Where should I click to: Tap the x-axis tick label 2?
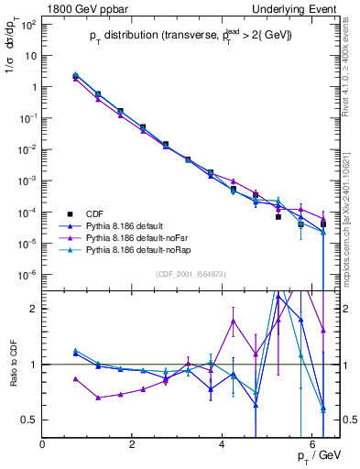[133, 444]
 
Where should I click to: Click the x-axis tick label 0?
[43, 444]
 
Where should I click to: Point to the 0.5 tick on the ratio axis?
[30, 420]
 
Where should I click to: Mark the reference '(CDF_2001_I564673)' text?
[190, 274]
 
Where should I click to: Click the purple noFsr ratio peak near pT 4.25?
[234, 321]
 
